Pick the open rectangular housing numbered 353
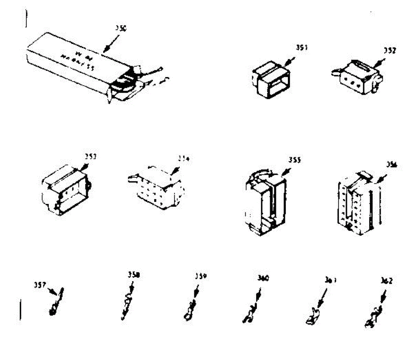point(66,190)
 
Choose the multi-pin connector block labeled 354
point(159,189)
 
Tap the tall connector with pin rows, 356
point(358,204)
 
